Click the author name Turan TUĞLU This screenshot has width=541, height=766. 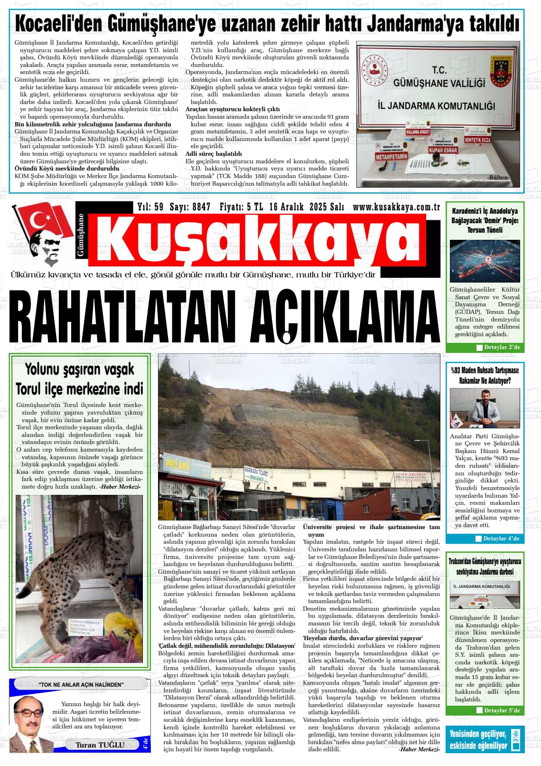100,745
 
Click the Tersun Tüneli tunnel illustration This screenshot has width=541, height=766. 485,262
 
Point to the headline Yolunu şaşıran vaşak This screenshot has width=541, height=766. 80,369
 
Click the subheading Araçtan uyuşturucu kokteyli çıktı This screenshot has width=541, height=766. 233,109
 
